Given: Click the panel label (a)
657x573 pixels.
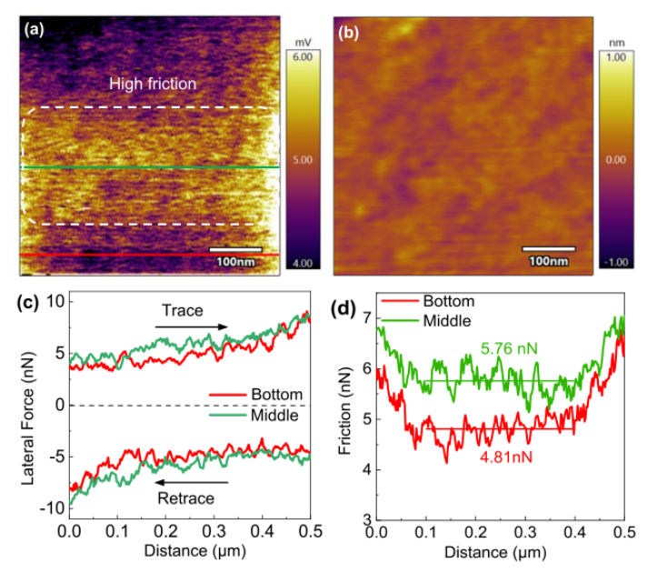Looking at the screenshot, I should point(35,29).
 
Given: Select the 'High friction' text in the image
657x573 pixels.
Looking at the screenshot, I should point(153,84).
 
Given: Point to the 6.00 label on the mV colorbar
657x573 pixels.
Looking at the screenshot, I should point(302,56).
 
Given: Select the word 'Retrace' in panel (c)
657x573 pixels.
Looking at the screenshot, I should point(185,499).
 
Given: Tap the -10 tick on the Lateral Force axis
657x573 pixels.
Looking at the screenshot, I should point(48,508).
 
